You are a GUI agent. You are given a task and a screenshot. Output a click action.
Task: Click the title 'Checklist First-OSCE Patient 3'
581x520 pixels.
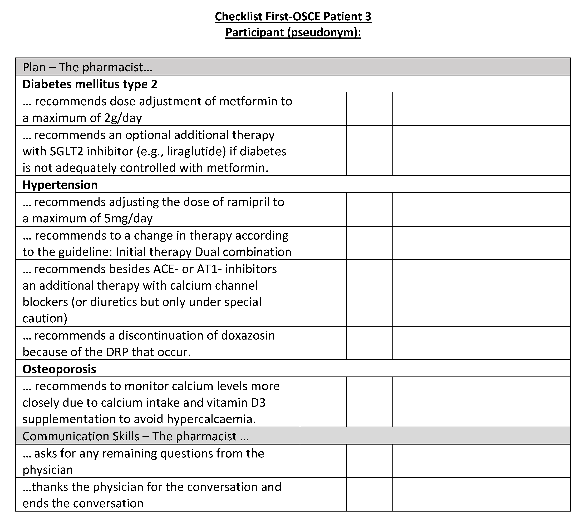click(x=293, y=17)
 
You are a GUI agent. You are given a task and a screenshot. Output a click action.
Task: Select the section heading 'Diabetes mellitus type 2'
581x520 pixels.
click(x=90, y=84)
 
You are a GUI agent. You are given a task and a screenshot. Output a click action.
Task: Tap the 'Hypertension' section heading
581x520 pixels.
click(x=60, y=185)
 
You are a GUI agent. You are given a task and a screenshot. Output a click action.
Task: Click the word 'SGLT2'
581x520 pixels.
click(x=66, y=151)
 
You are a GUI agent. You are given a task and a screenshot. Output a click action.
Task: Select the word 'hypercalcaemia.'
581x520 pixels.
click(x=211, y=419)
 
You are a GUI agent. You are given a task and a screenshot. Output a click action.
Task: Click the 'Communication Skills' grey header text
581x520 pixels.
click(x=81, y=436)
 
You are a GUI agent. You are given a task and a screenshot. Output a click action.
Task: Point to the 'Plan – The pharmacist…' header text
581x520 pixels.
click(x=87, y=67)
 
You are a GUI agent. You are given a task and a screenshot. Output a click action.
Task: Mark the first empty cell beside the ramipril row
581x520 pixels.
click(x=323, y=210)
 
